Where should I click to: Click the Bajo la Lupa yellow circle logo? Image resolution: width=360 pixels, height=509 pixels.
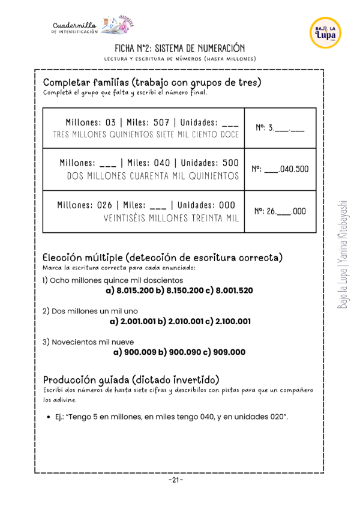[325, 33]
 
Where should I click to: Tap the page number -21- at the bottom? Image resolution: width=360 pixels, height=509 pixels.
[176, 480]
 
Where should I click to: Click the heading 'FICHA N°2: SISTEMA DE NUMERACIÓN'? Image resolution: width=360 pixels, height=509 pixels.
[180, 48]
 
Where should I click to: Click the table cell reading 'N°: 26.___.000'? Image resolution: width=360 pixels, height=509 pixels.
[280, 211]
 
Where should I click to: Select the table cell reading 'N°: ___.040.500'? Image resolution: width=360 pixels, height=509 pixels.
[280, 169]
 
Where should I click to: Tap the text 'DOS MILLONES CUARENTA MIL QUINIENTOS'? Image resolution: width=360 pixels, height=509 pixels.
[153, 176]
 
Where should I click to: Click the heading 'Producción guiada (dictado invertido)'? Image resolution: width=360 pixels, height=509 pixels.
[131, 380]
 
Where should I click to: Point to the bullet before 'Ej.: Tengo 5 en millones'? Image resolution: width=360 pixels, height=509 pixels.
[47, 417]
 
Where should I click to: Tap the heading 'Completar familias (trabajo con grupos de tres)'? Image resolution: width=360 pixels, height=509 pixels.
[152, 82]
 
